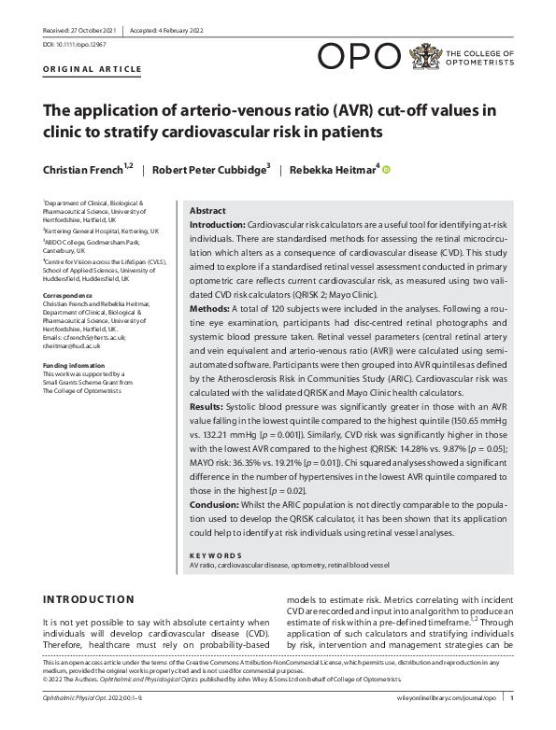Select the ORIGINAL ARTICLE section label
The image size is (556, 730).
click(x=93, y=69)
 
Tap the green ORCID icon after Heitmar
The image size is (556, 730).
click(x=385, y=170)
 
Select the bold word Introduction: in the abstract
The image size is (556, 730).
click(x=218, y=227)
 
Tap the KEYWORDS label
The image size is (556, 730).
click(x=214, y=555)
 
